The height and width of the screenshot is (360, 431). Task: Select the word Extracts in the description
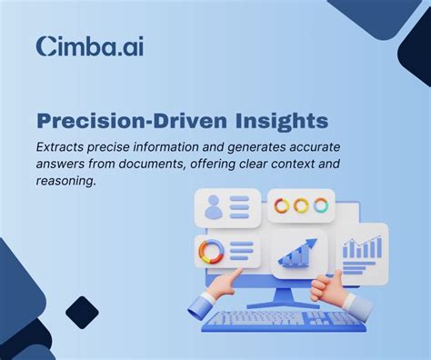pyautogui.click(x=65, y=145)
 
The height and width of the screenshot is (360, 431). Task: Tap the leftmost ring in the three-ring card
pyautogui.click(x=282, y=205)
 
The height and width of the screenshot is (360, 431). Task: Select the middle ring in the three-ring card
pyautogui.click(x=301, y=205)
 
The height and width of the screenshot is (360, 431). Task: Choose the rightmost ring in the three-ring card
pyautogui.click(x=320, y=205)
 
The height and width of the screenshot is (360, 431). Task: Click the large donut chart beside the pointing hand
pyautogui.click(x=210, y=251)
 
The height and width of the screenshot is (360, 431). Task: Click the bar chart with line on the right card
pyautogui.click(x=361, y=246)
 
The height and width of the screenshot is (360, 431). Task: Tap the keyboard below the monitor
pyautogui.click(x=281, y=318)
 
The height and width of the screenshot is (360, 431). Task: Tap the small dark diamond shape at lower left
pyautogui.click(x=83, y=312)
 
